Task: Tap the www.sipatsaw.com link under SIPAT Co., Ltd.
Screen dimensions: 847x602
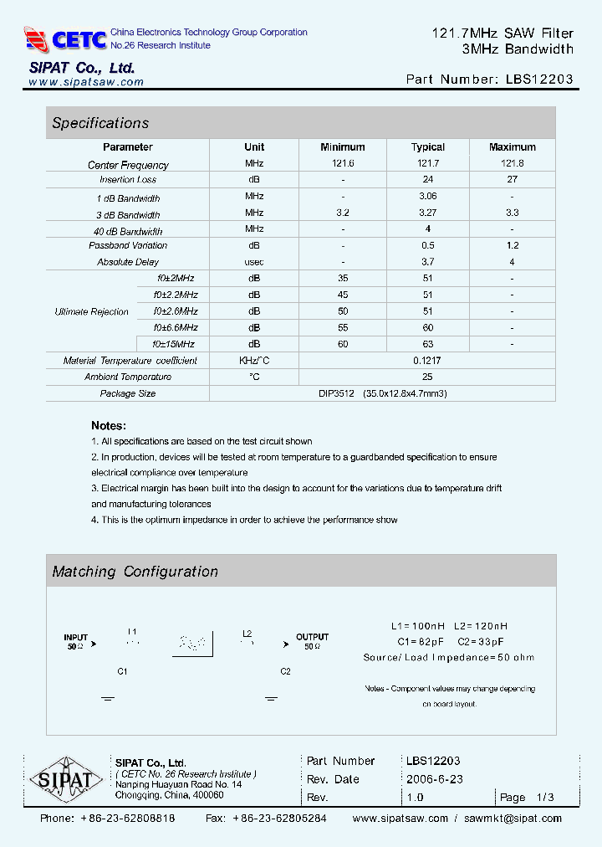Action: tap(86, 82)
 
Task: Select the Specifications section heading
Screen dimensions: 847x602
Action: tap(100, 123)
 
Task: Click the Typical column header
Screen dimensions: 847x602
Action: tap(427, 147)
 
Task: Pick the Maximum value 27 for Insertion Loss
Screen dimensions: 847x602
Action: tap(512, 179)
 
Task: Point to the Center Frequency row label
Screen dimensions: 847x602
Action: tap(128, 165)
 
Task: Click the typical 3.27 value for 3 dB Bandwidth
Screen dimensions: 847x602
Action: tap(427, 213)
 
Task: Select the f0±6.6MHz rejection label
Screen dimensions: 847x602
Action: tap(175, 327)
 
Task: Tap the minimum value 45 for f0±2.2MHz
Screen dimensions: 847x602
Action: tap(343, 295)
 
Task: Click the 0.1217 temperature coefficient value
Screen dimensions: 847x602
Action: tap(427, 361)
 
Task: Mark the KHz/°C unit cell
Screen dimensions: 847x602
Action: tap(254, 361)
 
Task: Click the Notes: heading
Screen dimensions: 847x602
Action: tap(109, 425)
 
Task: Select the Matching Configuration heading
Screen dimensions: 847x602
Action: tap(135, 572)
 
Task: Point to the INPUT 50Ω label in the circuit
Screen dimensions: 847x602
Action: tap(76, 642)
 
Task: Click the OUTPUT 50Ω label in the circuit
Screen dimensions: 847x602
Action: tap(312, 642)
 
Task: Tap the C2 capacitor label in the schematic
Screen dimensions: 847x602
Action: tap(285, 671)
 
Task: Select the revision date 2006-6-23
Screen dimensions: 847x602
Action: tap(434, 779)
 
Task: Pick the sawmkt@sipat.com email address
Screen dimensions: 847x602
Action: tap(513, 819)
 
